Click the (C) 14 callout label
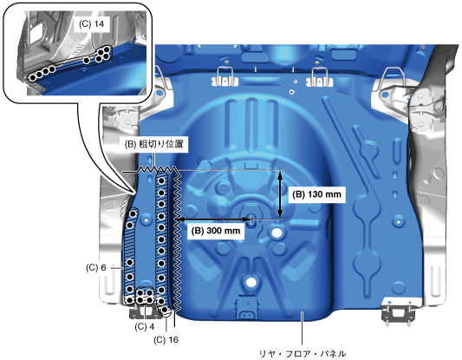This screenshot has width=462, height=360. click(x=92, y=24)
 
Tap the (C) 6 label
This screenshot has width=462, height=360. click(x=95, y=267)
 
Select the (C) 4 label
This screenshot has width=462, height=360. click(x=145, y=327)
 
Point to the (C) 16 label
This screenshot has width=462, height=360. click(x=166, y=340)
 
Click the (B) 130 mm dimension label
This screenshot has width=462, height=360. click(x=316, y=194)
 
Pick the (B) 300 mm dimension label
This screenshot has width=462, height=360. click(x=216, y=231)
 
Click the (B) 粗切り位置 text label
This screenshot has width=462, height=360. click(x=153, y=144)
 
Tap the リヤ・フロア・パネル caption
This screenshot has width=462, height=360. click(x=303, y=353)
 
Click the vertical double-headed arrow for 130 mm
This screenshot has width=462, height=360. click(x=280, y=194)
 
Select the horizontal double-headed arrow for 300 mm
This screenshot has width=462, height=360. click(x=212, y=219)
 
